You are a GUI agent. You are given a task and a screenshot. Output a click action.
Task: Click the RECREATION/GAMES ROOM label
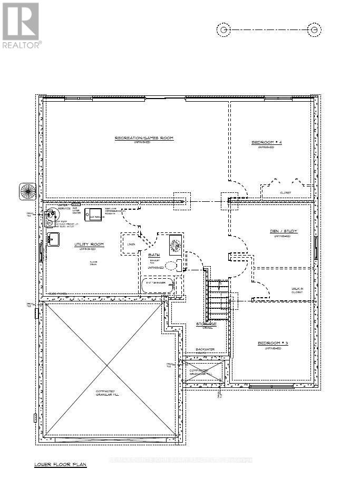144,138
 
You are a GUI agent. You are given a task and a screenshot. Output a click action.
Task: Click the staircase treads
218,298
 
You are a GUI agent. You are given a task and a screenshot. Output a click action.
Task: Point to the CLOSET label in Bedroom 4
286,192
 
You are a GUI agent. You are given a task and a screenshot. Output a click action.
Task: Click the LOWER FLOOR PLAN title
60,464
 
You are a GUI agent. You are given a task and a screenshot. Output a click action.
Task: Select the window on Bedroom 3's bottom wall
271,386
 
